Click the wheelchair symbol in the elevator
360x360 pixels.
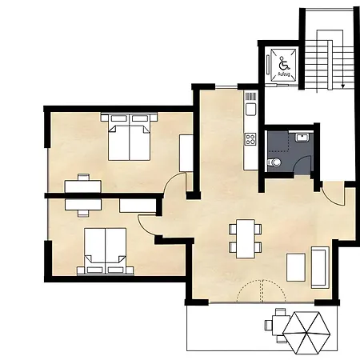pyautogui.click(x=282, y=62)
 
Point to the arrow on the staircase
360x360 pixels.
pyautogui.click(x=342, y=80)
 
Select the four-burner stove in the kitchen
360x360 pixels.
pyautogui.click(x=250, y=138)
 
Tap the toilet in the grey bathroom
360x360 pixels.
pyautogui.click(x=275, y=162)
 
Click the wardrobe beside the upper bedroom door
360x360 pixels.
pyautogui.click(x=186, y=153)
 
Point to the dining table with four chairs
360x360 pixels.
pyautogui.click(x=245, y=238)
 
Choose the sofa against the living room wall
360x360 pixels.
pyautogui.click(x=319, y=267)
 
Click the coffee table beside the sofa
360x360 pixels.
pyautogui.click(x=295, y=266)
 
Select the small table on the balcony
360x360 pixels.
pyautogui.click(x=278, y=324)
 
